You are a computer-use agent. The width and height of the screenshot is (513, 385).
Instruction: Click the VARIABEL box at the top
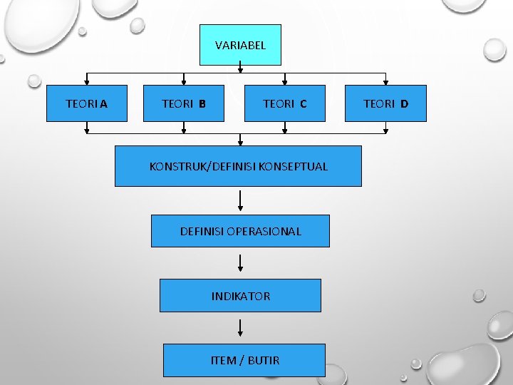[240, 45]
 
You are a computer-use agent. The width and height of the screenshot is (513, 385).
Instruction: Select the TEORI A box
[87, 104]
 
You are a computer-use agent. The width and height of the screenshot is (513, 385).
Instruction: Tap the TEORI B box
[184, 104]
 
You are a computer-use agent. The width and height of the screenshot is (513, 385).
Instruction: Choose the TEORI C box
[285, 104]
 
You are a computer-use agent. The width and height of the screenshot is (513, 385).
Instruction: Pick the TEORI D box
[385, 104]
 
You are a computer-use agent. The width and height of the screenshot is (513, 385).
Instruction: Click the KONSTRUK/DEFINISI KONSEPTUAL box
[238, 166]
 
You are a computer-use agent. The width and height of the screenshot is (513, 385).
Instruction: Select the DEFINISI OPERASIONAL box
[240, 231]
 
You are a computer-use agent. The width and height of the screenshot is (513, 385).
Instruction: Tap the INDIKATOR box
[240, 296]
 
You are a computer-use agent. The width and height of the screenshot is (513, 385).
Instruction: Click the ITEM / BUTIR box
[244, 360]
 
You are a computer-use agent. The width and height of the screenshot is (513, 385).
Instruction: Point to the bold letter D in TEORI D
[404, 104]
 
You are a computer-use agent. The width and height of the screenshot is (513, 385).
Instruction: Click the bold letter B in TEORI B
[202, 104]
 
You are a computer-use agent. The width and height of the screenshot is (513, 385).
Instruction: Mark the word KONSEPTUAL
[294, 166]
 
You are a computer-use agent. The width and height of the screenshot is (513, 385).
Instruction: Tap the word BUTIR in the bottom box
[264, 360]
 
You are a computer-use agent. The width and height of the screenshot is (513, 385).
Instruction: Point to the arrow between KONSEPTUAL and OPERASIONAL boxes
[240, 200]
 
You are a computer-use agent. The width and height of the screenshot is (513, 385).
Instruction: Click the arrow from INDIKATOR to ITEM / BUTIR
[240, 327]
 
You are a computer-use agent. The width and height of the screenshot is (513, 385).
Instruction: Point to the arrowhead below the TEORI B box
[184, 130]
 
